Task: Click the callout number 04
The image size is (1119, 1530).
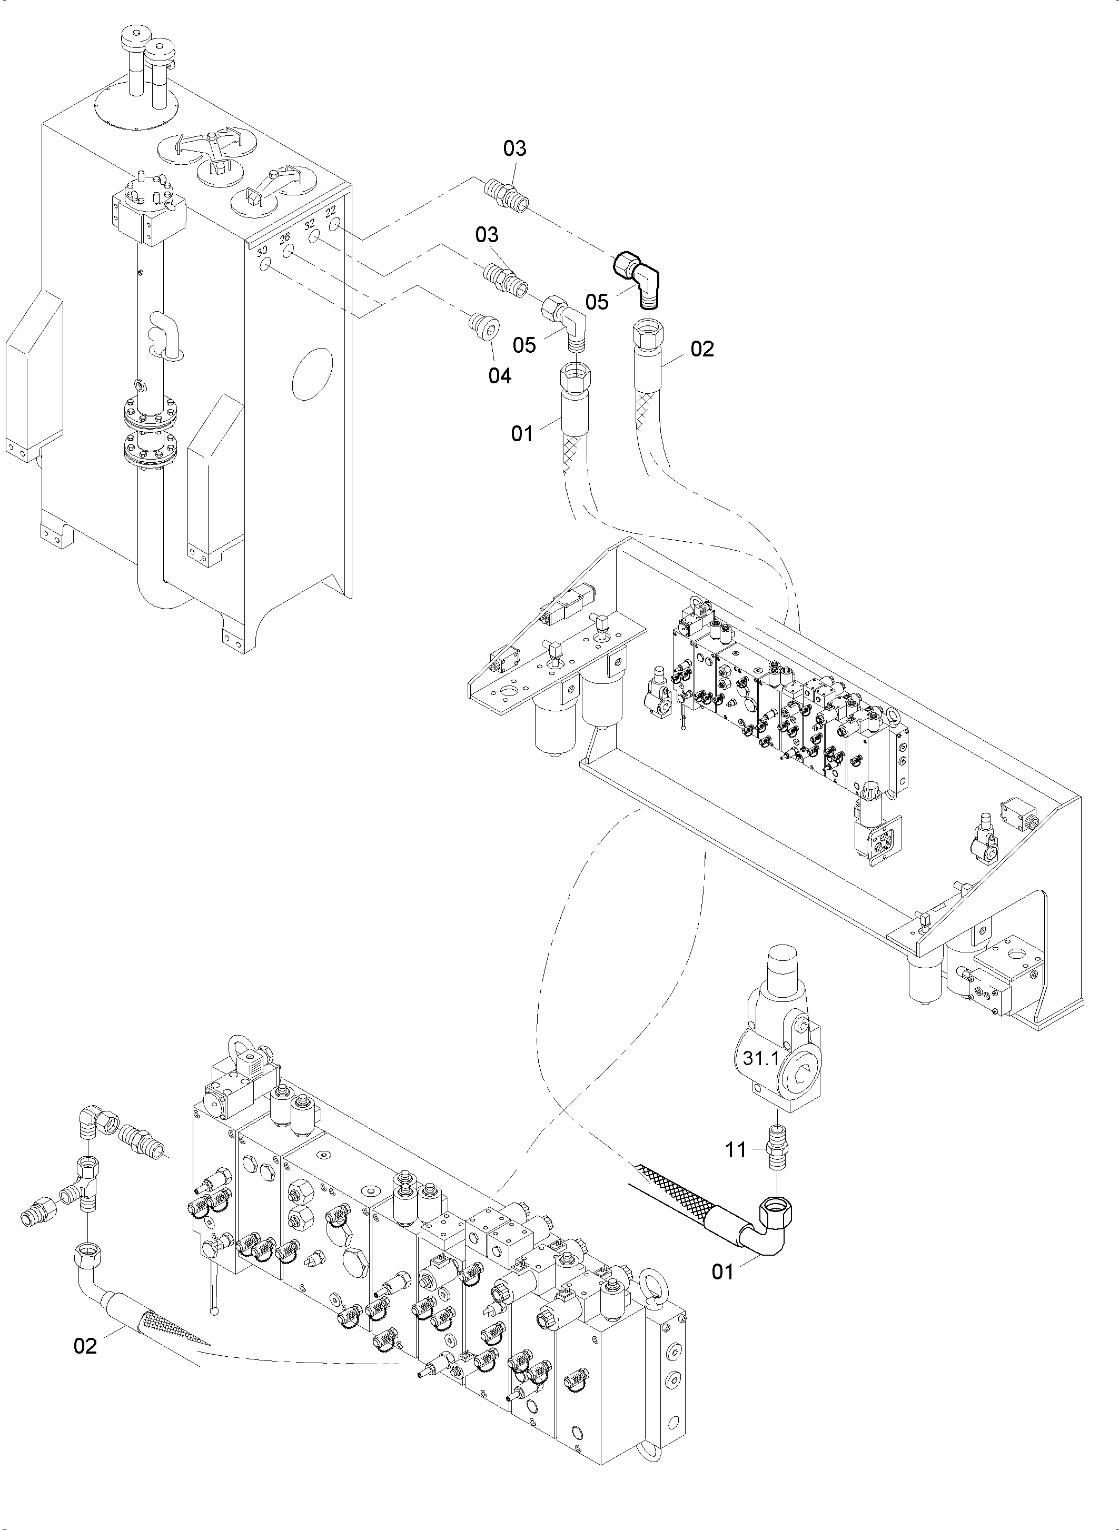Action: [500, 376]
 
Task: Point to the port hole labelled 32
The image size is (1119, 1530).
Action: [314, 237]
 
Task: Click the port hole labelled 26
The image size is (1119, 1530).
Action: [289, 251]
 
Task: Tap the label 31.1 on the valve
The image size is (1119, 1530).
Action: [761, 1059]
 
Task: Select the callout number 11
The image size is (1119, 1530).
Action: [736, 1149]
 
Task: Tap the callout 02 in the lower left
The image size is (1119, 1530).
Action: [85, 1346]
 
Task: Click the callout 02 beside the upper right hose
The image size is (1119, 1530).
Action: [702, 349]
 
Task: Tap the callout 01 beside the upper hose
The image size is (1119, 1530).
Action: [522, 433]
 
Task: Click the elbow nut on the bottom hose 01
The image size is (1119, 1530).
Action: [776, 1208]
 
